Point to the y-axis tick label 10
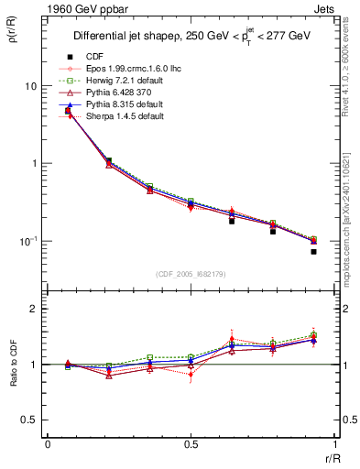click(x=30, y=86)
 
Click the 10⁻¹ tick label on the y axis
click(x=28, y=241)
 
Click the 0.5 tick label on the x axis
click(x=191, y=444)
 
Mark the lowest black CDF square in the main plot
click(x=313, y=251)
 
